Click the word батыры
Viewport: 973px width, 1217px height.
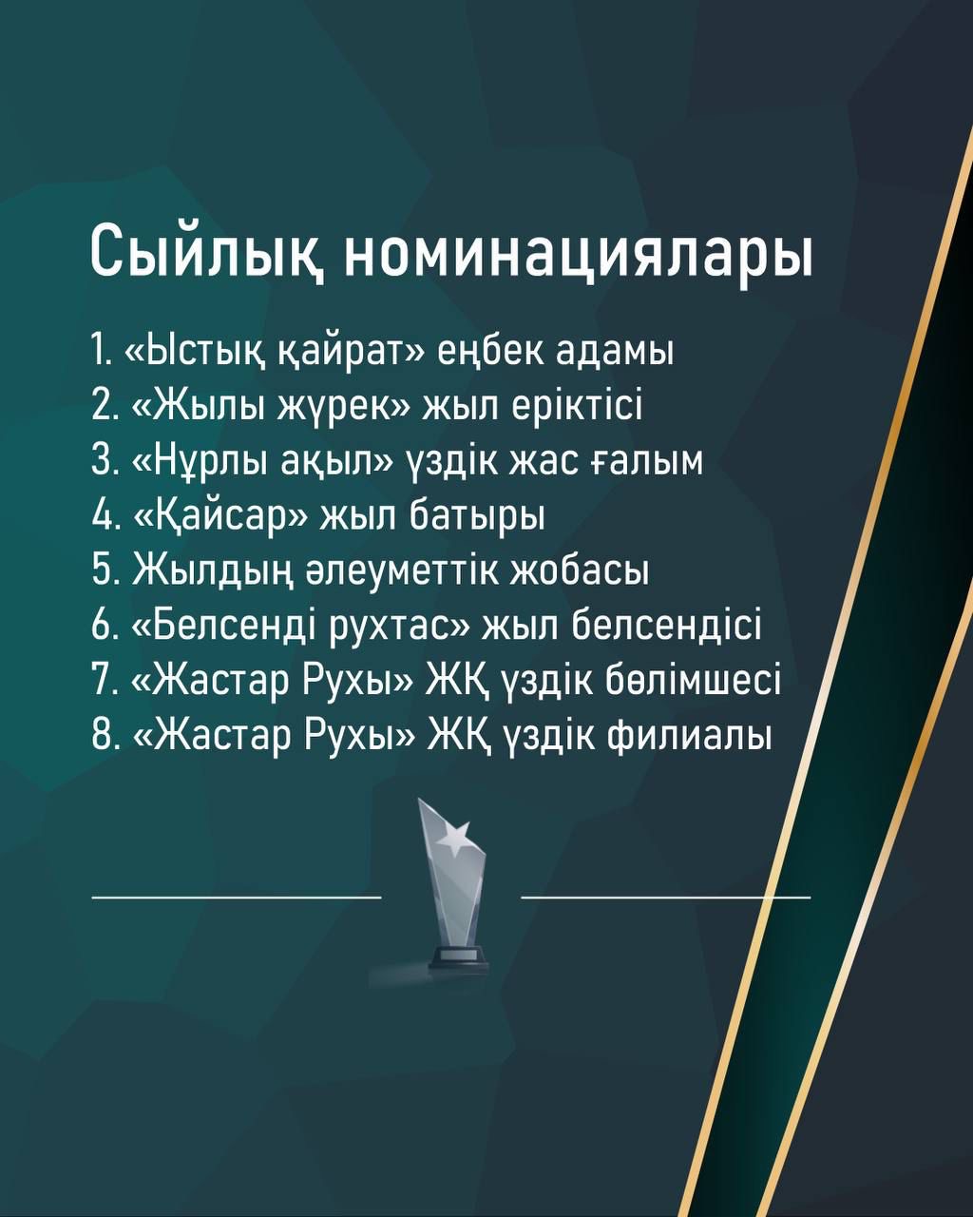[477, 517]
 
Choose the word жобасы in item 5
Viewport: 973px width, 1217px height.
[581, 571]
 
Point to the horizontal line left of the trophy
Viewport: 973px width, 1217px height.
[237, 897]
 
